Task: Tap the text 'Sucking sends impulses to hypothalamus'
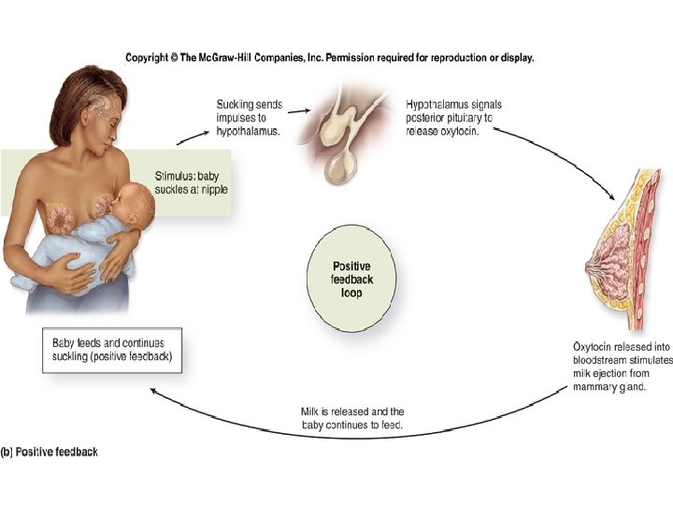pos(250,118)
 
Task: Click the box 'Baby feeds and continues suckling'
pos(116,350)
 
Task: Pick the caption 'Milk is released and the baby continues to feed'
pos(351,418)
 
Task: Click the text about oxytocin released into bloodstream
pos(622,368)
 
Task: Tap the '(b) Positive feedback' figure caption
pos(50,453)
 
